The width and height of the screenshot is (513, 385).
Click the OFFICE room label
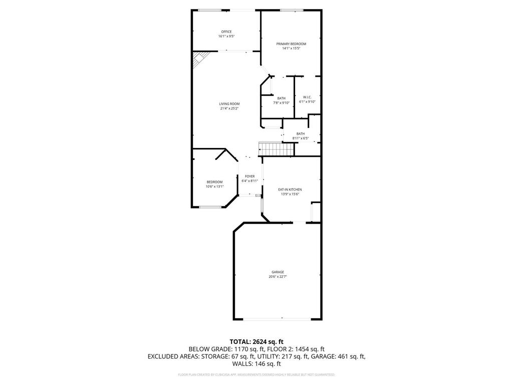coord(226,32)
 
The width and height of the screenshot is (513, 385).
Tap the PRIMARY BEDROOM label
coord(291,44)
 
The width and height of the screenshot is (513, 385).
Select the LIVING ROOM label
coord(229,104)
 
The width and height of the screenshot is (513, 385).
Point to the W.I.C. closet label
coord(307,97)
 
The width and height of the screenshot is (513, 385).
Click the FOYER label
coord(249,176)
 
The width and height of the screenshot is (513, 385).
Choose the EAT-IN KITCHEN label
coord(290,189)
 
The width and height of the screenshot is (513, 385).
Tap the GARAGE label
coord(278,272)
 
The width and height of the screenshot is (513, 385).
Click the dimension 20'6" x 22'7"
coord(278,277)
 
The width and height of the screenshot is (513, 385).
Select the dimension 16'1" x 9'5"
coord(226,37)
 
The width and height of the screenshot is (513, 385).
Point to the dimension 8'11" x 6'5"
coord(300,138)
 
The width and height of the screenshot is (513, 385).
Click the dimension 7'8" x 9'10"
coord(281,103)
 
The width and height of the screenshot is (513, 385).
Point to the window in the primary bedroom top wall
coord(292,10)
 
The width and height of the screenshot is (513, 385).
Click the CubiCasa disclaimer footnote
coord(256,374)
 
